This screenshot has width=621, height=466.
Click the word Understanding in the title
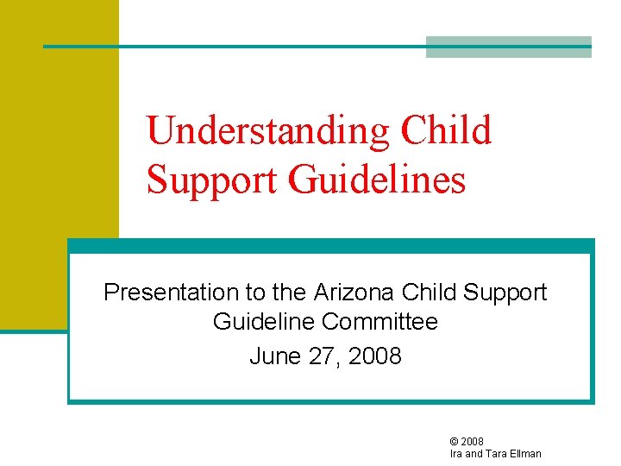coord(269,131)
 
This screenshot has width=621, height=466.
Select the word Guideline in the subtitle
coord(264,323)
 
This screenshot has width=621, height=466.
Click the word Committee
coord(379,323)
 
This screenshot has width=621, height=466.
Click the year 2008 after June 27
coord(372,356)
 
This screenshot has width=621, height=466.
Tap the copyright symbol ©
coord(455,442)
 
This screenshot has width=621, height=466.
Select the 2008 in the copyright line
coord(473,442)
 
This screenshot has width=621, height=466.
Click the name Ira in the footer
coord(456,454)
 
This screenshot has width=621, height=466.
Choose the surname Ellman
coord(526,454)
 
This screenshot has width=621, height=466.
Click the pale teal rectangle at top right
coord(509,47)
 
